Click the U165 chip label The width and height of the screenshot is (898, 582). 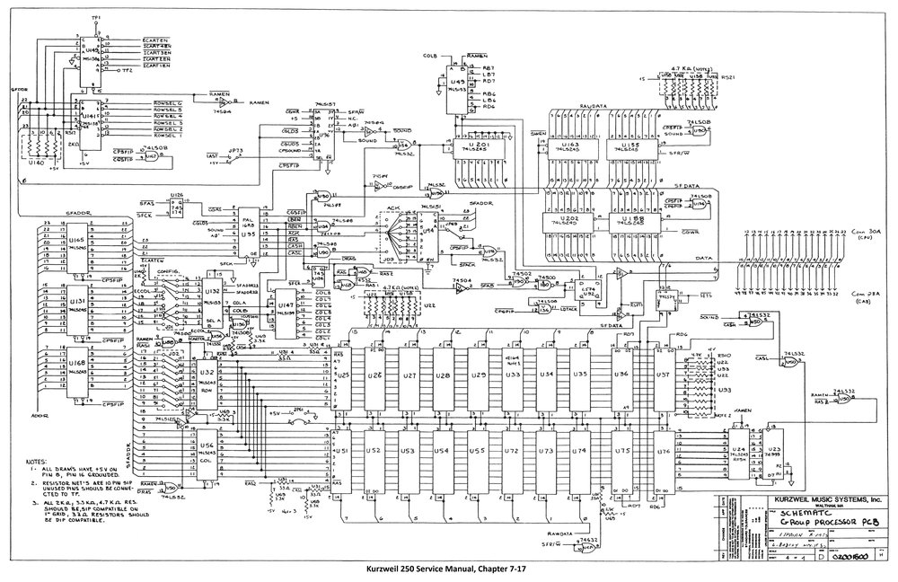pos(79,242)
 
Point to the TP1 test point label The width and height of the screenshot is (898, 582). pos(96,18)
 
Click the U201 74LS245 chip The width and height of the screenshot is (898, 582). pos(480,148)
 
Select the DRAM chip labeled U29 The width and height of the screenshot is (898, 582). pos(479,375)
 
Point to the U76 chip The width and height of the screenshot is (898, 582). pos(663,454)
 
